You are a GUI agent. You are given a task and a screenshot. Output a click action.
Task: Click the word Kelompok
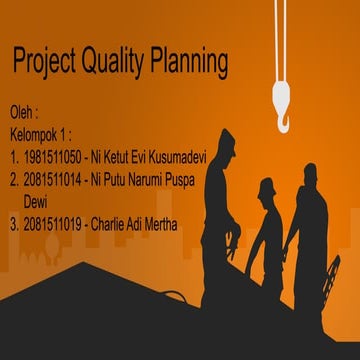click(36, 134)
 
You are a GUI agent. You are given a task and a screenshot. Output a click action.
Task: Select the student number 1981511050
click(53, 157)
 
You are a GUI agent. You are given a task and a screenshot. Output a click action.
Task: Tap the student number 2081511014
click(53, 179)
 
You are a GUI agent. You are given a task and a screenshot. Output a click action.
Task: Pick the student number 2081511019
click(53, 224)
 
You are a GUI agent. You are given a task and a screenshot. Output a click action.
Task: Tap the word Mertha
click(161, 224)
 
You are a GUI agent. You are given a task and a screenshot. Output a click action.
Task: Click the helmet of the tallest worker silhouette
click(226, 139)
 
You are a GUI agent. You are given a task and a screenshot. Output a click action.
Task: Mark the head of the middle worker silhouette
click(266, 189)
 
